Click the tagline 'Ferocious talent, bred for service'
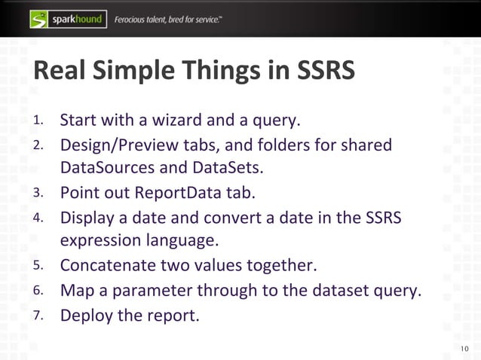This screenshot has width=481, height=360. tap(168, 19)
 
